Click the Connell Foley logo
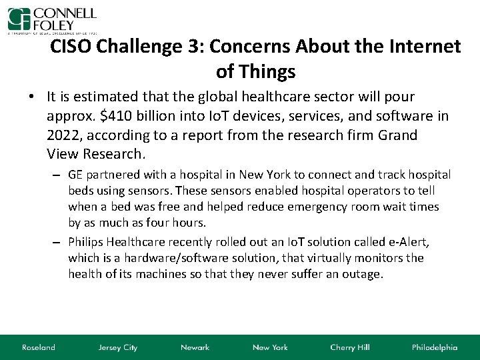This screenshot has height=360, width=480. click(x=52, y=20)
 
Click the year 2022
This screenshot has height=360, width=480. click(x=65, y=135)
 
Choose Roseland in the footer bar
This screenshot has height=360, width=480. click(x=39, y=347)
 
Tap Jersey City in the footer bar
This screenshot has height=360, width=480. click(x=117, y=347)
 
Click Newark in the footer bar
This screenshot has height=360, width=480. click(x=195, y=347)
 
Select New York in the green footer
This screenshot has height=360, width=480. click(x=270, y=347)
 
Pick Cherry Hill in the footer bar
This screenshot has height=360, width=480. click(x=351, y=347)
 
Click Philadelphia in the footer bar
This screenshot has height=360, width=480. click(x=435, y=347)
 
